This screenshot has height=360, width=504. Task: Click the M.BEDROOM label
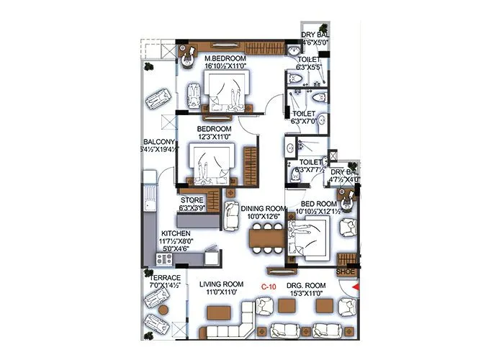225,58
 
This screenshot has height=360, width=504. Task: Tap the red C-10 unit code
269,287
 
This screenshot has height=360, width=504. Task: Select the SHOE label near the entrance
346,272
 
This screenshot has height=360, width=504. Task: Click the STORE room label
192,200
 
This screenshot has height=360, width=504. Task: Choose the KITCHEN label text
175,234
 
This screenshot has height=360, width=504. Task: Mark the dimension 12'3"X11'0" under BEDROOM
215,136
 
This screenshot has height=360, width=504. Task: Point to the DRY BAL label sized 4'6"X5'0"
314,35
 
